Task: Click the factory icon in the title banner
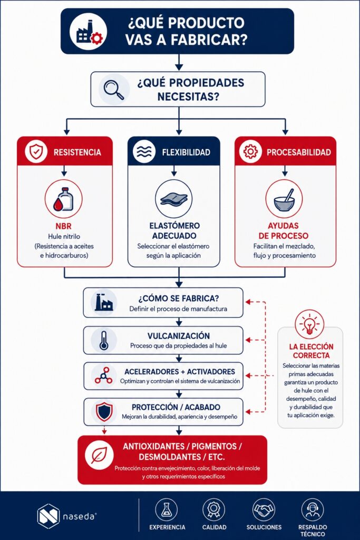click(x=88, y=32)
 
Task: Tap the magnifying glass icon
click(x=114, y=89)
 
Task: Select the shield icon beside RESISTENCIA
click(x=36, y=152)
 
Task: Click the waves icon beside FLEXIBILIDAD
click(x=143, y=152)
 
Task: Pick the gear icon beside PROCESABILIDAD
click(x=250, y=152)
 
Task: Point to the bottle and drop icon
click(x=64, y=199)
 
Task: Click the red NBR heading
click(x=64, y=226)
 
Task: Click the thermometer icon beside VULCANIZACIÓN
click(x=104, y=341)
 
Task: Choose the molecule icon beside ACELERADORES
click(x=104, y=375)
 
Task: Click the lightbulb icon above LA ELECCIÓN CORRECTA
click(x=309, y=324)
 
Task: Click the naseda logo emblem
click(x=48, y=516)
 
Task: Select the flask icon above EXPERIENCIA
click(x=167, y=510)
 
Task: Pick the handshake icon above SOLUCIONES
click(x=264, y=510)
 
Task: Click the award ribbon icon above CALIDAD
click(x=213, y=510)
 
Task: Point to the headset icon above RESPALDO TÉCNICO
click(x=313, y=510)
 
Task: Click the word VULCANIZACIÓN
click(x=179, y=336)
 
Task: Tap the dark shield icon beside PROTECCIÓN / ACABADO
click(x=104, y=411)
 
